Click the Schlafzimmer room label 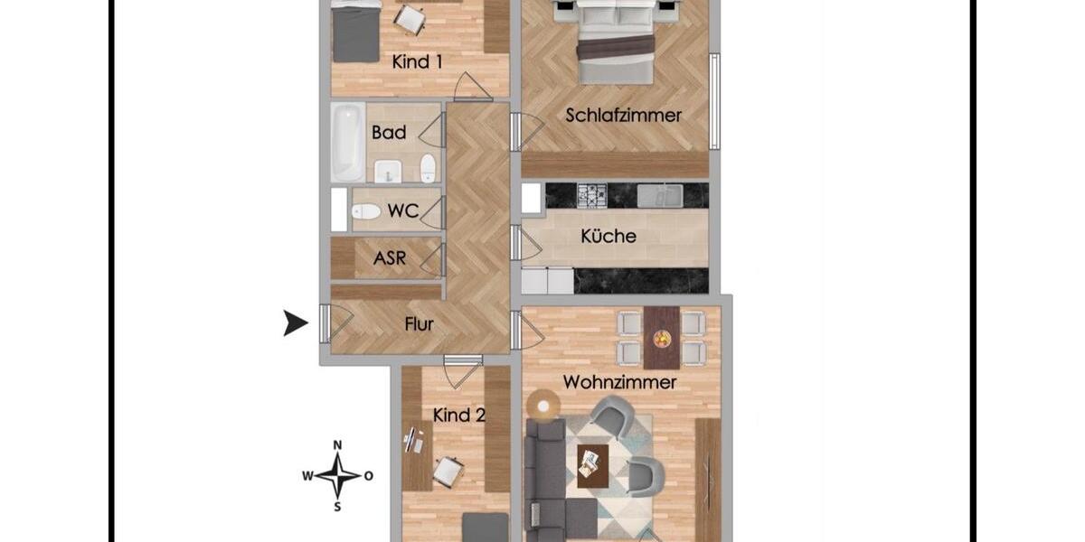pos(623,115)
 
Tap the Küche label pos(608,237)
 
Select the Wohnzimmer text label pos(619,382)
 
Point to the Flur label pos(420,324)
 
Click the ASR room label pos(390,259)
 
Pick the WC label pos(402,211)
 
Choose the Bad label pos(389,133)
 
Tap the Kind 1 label pos(417,62)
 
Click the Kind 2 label pos(459,416)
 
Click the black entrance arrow pos(295,322)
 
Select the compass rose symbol pos(337,475)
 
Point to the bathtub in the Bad pos(347,142)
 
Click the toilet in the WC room pos(365,211)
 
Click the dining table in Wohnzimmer pos(662,337)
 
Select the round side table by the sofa pos(543,406)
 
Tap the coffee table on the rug pos(593,464)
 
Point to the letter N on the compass pos(337,444)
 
